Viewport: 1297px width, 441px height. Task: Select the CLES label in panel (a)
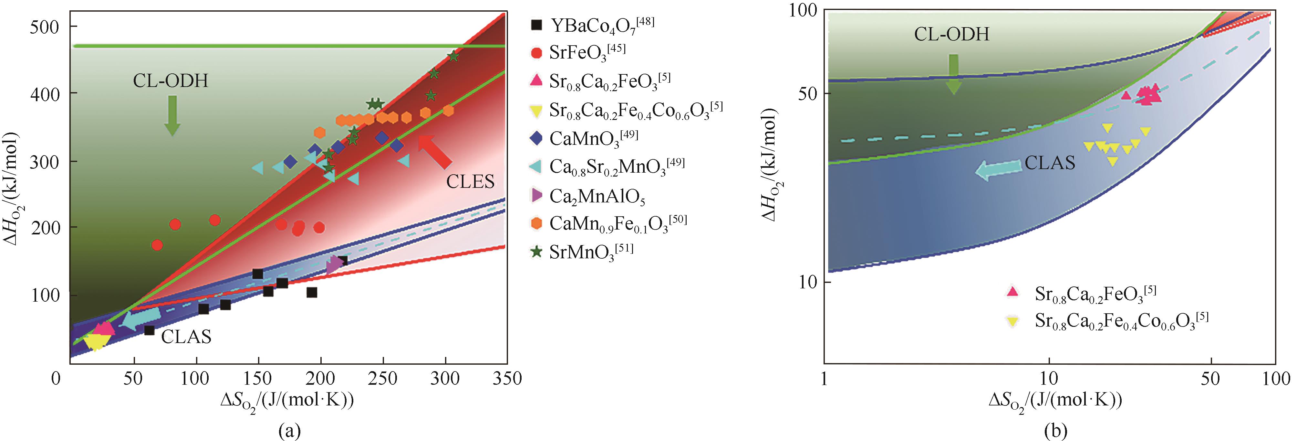pos(470,181)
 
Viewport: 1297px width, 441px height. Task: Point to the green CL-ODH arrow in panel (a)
pos(172,115)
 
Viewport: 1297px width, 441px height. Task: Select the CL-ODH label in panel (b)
pos(952,34)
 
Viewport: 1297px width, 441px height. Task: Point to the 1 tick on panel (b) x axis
pos(824,378)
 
